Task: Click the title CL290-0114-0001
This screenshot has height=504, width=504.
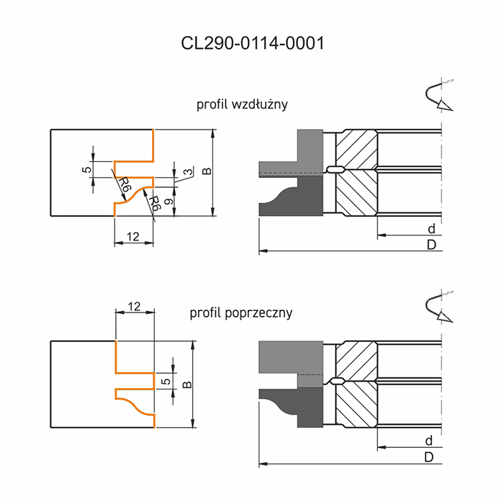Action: point(252,43)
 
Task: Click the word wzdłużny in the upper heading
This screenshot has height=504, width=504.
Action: point(259,105)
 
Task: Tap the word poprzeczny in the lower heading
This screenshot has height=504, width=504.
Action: point(258,312)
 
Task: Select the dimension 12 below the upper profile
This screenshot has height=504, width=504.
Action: point(132,237)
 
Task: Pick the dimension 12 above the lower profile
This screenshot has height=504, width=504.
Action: point(134,307)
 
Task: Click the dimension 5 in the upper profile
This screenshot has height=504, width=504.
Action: point(87,169)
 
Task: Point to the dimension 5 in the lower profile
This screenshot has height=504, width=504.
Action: point(166,381)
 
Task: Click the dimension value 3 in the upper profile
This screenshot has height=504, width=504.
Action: point(189,171)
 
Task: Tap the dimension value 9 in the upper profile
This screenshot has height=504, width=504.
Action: point(168,202)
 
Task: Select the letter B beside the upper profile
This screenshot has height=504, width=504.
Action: point(207,171)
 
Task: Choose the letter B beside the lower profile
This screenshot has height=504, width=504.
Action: point(187,384)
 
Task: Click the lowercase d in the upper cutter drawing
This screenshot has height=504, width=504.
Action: point(431,229)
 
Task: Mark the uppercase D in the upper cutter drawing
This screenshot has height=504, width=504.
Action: point(431,245)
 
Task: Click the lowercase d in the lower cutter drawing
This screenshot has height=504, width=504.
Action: point(429,441)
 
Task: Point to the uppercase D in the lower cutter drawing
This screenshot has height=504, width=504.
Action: point(429,457)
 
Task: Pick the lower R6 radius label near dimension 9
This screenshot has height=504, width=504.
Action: point(154,203)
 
